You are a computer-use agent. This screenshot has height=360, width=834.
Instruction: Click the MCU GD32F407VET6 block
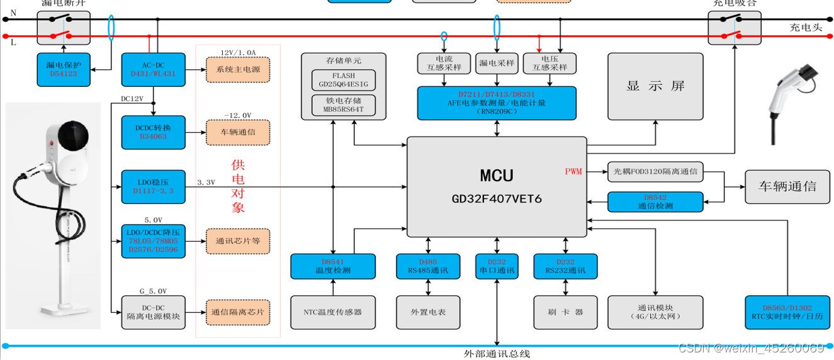pos(497,187)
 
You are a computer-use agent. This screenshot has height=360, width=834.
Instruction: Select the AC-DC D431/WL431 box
pos(153,69)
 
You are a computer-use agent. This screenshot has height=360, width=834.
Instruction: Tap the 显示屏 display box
pos(655,86)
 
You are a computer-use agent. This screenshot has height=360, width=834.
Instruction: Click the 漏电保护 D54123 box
pos(63,69)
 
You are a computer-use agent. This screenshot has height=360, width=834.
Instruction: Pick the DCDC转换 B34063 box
pos(153,132)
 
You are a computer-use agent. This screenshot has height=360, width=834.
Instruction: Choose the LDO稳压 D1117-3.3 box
pos(153,186)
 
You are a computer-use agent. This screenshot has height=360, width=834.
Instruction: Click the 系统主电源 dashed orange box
pos(238,69)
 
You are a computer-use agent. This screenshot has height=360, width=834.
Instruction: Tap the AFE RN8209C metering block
pos(497,103)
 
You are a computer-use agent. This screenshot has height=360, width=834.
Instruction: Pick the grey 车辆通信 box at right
pos(787,186)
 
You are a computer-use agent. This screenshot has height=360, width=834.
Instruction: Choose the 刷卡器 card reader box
pos(566,312)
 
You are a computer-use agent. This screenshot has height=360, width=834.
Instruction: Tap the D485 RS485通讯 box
pos(429,266)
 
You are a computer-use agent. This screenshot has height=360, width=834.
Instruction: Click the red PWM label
pos(573,171)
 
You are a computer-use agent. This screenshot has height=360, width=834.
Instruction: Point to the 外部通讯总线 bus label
pos(497,354)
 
